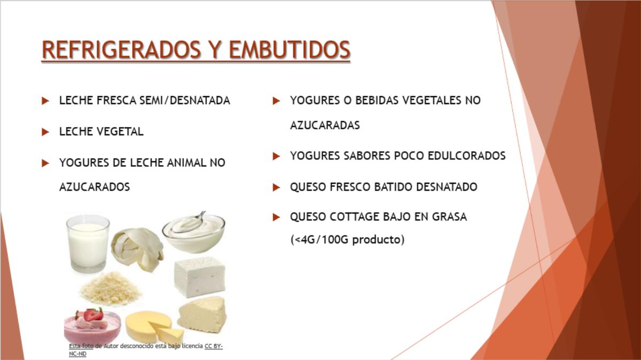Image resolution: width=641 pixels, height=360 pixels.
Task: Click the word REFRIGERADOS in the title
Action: point(121,50)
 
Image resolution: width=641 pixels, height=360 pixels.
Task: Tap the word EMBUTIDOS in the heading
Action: point(290,50)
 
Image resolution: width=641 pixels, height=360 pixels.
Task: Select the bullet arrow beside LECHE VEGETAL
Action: point(45,132)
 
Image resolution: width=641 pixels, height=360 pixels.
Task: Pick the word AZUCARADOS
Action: point(95,187)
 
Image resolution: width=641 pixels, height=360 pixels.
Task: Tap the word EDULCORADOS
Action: point(467,156)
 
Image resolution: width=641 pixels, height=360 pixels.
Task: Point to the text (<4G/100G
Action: point(319,239)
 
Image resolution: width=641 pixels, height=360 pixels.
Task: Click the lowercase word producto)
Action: point(378,239)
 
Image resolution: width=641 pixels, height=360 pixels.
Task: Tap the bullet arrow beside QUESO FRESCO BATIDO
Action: point(276,187)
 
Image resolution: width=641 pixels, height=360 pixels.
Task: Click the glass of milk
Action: point(88,244)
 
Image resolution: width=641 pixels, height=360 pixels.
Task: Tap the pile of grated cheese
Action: point(110,288)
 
